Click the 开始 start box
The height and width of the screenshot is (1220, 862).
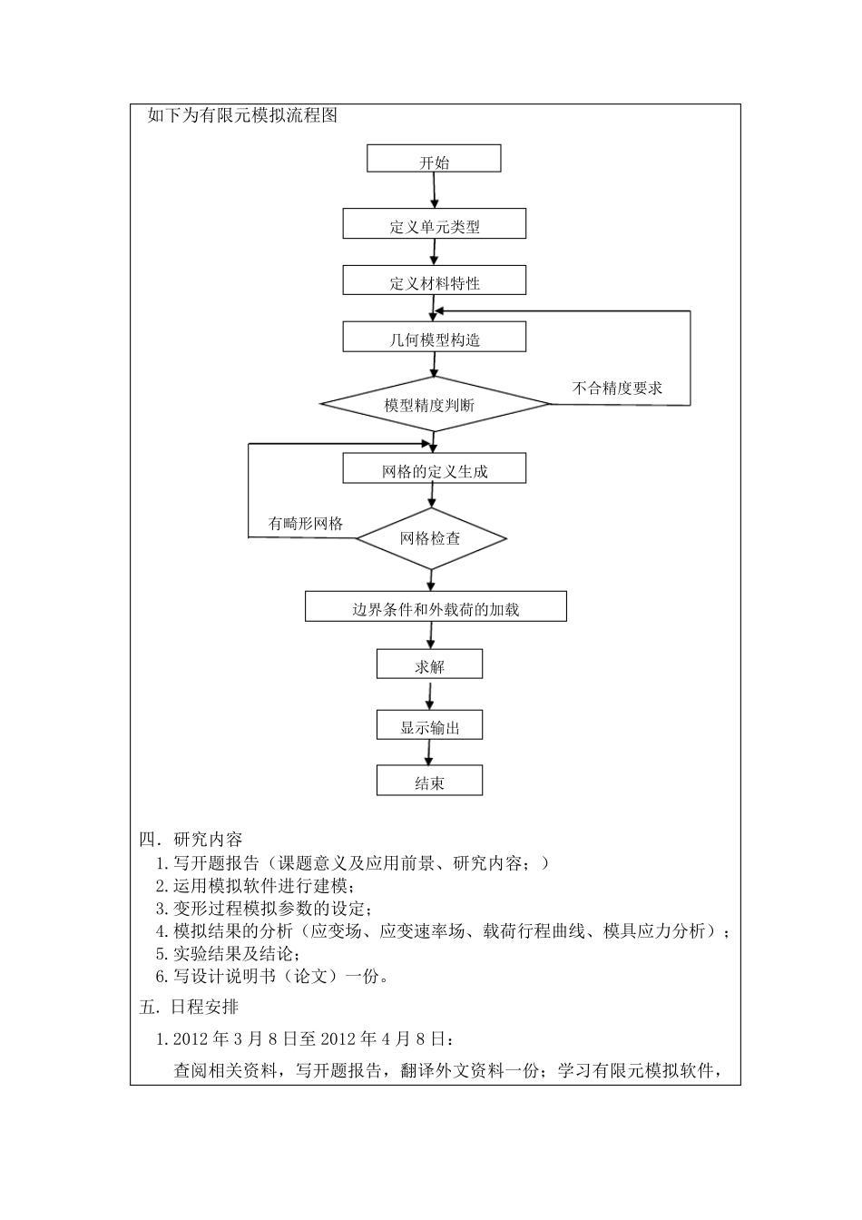[434, 159]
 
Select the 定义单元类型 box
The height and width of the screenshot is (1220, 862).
[435, 224]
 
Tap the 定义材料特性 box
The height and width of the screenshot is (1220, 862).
[435, 280]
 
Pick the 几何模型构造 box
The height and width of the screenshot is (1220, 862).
[435, 338]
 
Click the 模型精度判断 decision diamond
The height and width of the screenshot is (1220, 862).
[435, 404]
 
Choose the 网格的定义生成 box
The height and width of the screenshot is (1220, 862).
[435, 469]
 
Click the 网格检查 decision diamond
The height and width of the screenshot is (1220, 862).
[431, 538]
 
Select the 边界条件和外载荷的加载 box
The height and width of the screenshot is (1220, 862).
[436, 607]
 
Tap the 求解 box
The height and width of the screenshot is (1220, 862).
[430, 665]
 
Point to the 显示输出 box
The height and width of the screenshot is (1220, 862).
[430, 725]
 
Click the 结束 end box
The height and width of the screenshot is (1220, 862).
[430, 782]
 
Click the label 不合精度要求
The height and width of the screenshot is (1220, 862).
[617, 388]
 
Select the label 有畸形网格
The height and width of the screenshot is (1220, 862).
[306, 523]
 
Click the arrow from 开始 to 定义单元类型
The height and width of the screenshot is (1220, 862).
[435, 191]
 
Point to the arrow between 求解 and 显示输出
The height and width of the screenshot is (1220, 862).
[430, 695]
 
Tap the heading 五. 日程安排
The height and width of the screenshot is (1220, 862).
[190, 1007]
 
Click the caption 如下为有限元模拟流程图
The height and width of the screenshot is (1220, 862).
[242, 115]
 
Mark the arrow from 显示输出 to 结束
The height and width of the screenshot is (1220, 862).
[430, 753]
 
